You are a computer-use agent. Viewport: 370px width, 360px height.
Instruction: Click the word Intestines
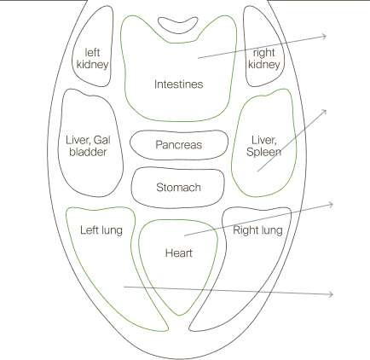click(178, 84)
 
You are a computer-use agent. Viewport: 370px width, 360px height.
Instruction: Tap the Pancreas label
click(179, 145)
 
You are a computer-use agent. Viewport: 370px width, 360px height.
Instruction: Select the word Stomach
click(178, 188)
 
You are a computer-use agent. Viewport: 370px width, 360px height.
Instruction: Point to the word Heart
click(179, 253)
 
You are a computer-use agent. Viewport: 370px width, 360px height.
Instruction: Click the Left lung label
click(101, 230)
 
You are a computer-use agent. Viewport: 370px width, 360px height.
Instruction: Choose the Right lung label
click(257, 230)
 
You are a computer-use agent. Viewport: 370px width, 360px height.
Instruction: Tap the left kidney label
click(92, 59)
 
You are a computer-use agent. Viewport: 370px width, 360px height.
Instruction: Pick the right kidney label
click(264, 59)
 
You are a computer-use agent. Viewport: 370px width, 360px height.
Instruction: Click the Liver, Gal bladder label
click(88, 146)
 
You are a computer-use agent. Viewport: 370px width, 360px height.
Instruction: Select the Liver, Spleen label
click(264, 146)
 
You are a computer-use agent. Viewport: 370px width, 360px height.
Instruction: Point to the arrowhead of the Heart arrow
click(332, 204)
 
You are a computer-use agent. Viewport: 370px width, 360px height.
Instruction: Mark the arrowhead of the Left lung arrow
click(332, 294)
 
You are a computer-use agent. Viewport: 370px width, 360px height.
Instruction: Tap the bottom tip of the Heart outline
click(179, 316)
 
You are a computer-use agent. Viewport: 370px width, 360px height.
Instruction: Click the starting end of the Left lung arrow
click(124, 287)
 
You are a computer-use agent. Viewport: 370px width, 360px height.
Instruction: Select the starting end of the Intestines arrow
click(198, 58)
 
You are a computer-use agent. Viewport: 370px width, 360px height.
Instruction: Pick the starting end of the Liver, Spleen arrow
click(257, 171)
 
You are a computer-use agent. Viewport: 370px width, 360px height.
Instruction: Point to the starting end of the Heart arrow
click(184, 235)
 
